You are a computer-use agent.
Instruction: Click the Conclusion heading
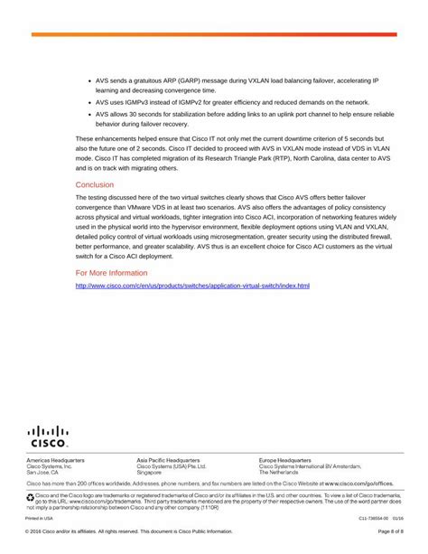pyautogui.click(x=95, y=184)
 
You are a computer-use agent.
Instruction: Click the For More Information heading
pyautogui.click(x=111, y=272)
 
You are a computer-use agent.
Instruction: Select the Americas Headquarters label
pyautogui.click(x=55, y=460)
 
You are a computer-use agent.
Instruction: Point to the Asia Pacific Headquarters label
pyautogui.click(x=168, y=460)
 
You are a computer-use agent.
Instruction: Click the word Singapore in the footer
pyautogui.click(x=149, y=472)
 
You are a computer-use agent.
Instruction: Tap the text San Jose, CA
pyautogui.click(x=42, y=472)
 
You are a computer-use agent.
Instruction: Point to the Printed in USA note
pyautogui.click(x=39, y=519)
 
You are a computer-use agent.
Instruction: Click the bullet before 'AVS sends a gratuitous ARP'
pyautogui.click(x=88, y=80)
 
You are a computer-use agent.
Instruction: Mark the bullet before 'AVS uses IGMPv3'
pyautogui.click(x=88, y=103)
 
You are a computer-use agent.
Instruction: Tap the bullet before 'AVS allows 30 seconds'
pyautogui.click(x=88, y=115)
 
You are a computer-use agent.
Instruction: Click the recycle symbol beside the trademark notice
pyautogui.click(x=29, y=496)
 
